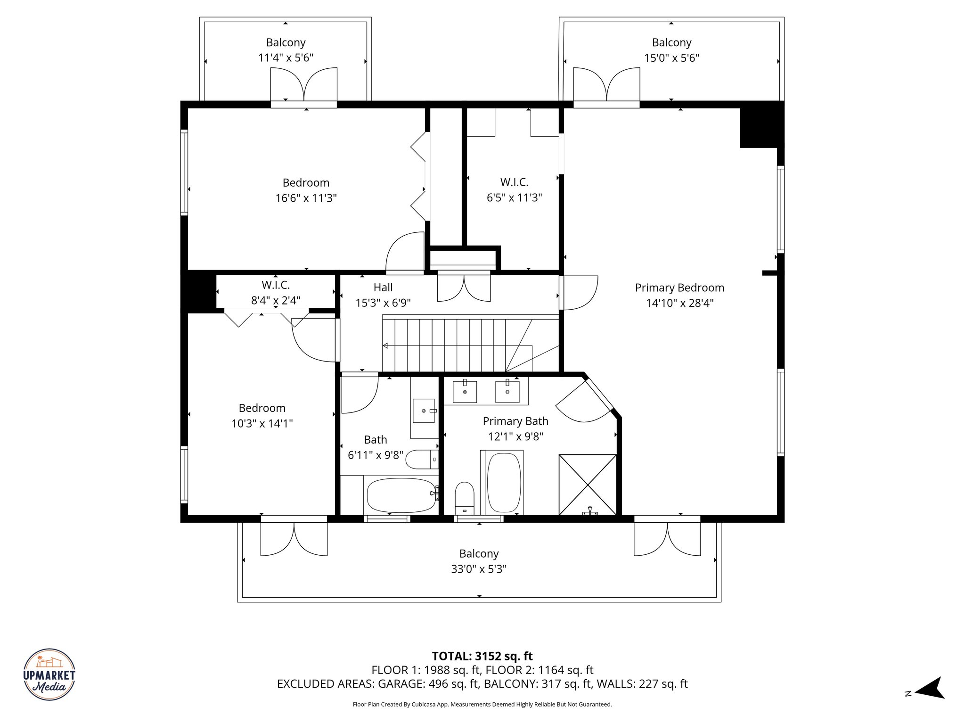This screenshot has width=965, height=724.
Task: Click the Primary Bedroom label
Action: [x=679, y=288]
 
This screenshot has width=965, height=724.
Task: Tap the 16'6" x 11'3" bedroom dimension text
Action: [x=306, y=198]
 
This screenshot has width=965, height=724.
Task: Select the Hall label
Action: [x=383, y=287]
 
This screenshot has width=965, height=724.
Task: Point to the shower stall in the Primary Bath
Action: [x=588, y=485]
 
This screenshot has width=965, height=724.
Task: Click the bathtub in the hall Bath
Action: [x=401, y=495]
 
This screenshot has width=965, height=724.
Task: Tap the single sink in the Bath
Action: [x=424, y=411]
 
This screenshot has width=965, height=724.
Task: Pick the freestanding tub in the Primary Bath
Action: [x=504, y=484]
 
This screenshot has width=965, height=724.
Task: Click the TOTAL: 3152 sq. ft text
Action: [x=482, y=656]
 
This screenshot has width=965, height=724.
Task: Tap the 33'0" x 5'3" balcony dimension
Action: [x=479, y=569]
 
